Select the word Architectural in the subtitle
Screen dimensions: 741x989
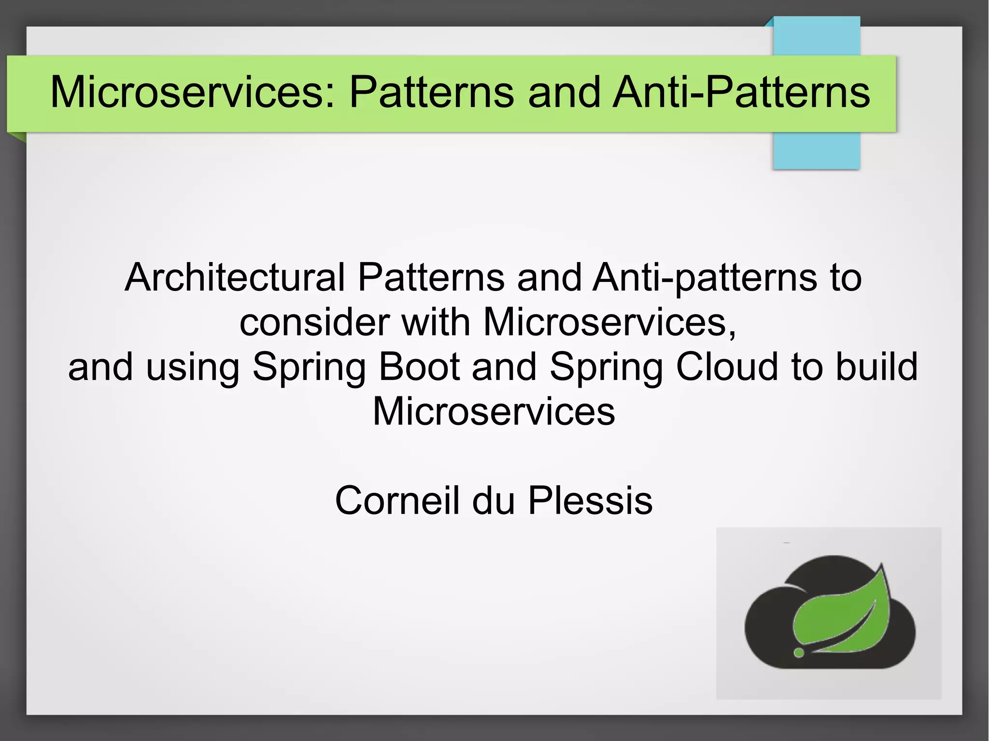point(235,278)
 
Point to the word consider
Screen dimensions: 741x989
point(314,322)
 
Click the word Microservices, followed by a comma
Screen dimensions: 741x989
point(609,322)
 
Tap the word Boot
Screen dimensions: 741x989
point(419,366)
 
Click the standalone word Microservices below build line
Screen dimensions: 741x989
point(494,411)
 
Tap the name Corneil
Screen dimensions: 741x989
point(396,501)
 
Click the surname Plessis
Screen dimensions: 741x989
point(590,501)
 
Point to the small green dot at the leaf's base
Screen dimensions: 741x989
point(799,653)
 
